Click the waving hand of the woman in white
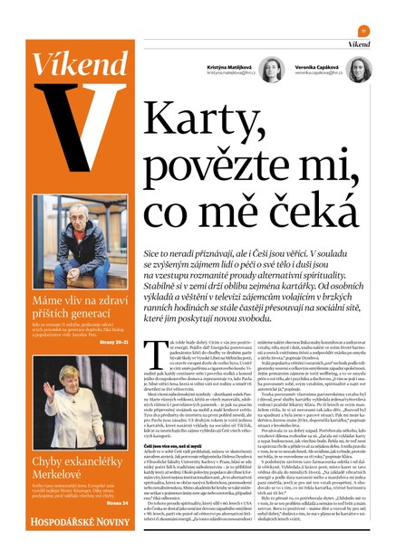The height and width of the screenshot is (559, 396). pyautogui.click(x=45, y=394)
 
